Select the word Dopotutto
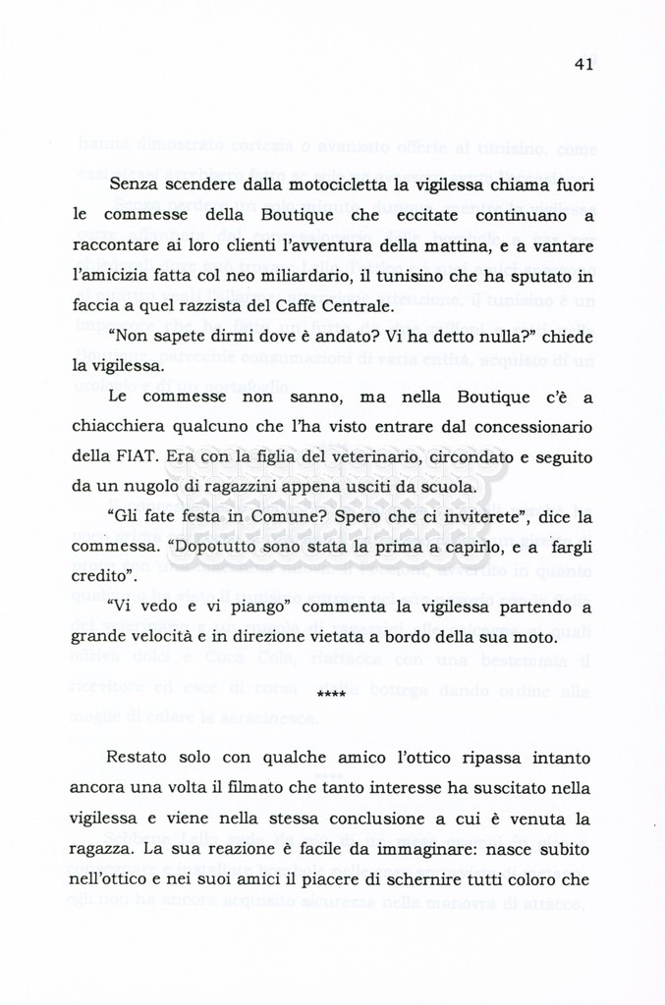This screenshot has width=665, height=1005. click(204, 548)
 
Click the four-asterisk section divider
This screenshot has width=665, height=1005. click(333, 696)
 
